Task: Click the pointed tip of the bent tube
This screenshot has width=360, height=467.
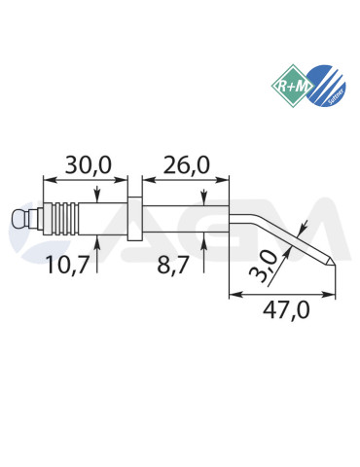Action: (331, 264)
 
